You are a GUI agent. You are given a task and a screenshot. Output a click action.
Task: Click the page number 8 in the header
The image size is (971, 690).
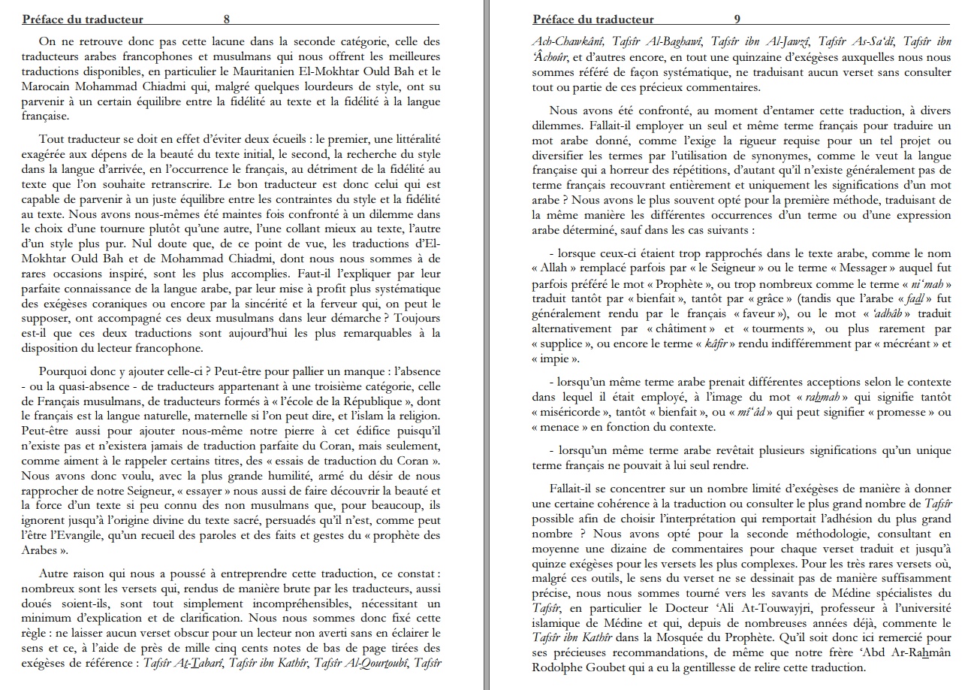point(227,20)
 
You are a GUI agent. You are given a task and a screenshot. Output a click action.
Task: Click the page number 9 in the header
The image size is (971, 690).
point(737,20)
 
